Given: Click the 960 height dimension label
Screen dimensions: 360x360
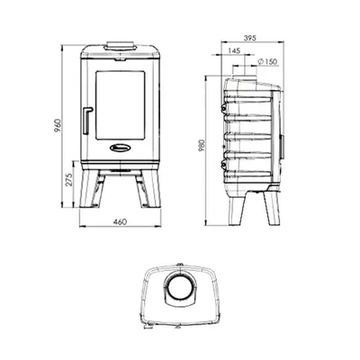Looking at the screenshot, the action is click(58, 126).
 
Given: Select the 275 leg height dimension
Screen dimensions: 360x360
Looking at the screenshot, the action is click(69, 180).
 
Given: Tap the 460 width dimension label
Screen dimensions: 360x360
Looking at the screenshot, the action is click(120, 221).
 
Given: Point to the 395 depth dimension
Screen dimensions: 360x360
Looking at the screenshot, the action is click(249, 38).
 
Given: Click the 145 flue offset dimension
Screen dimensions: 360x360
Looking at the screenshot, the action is click(234, 50).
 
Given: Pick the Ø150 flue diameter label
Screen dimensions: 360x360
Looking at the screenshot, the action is click(267, 62).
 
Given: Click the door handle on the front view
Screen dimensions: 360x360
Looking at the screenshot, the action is click(87, 120).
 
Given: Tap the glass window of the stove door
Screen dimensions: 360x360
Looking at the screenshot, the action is click(120, 105).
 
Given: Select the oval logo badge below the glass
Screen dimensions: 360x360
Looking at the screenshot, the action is click(120, 148).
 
